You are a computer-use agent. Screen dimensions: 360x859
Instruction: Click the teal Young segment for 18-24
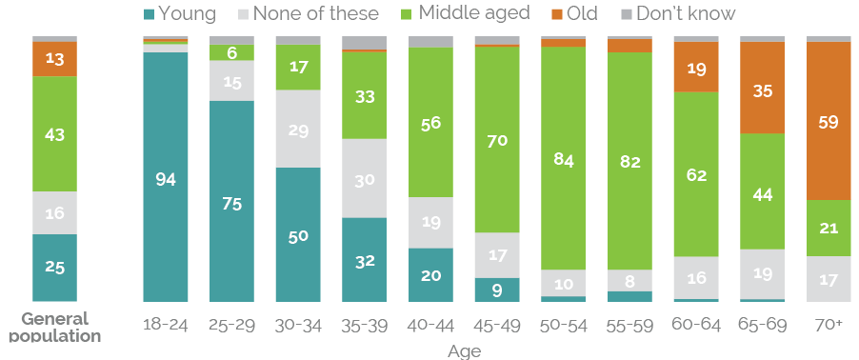[x=165, y=177]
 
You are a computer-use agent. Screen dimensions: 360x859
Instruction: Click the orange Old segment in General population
[x=54, y=59]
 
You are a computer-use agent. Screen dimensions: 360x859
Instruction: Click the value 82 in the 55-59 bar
[x=629, y=160]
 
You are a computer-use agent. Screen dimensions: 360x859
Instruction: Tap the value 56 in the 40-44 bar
[x=430, y=122]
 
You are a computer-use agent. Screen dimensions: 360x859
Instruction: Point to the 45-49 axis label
[x=497, y=325]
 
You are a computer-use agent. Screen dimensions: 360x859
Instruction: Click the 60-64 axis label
[x=696, y=325]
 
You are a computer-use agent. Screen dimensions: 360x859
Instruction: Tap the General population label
[x=54, y=327]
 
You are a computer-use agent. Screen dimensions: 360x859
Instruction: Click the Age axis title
[x=464, y=350]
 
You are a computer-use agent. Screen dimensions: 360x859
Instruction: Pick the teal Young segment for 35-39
[x=364, y=259]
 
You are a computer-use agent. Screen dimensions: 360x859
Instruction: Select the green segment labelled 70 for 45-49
[x=497, y=140]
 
